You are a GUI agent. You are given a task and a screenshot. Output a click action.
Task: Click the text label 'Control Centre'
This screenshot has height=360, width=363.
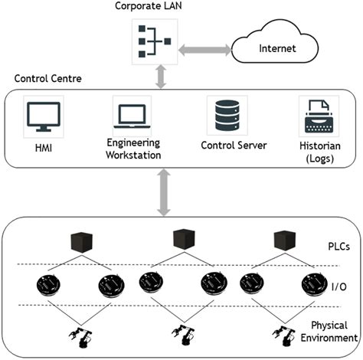pyautogui.click(x=43, y=79)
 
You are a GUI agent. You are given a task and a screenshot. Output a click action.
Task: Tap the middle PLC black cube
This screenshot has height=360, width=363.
pyautogui.click(x=183, y=240)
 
